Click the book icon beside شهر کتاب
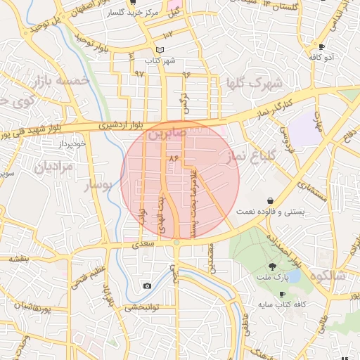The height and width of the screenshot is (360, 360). [x=160, y=50]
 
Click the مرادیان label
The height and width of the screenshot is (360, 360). [x=53, y=167]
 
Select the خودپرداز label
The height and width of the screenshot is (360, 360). [x=72, y=143]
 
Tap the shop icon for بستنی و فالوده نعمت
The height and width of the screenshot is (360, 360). [x=271, y=200]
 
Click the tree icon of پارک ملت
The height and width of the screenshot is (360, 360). [x=272, y=266]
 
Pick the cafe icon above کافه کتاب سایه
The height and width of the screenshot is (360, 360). [x=283, y=294]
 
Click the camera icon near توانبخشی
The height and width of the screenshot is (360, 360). [x=147, y=285]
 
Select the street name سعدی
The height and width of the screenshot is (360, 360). [x=141, y=243]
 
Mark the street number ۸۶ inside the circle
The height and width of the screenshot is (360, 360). [x=173, y=160]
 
